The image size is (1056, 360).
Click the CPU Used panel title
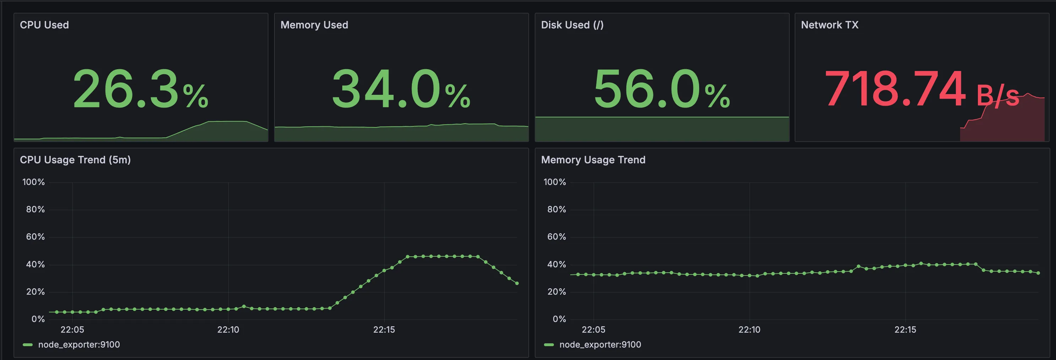point(44,25)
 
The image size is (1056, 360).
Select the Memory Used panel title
point(314,25)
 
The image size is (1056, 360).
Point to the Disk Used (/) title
point(572,25)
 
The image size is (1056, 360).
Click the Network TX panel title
point(829,25)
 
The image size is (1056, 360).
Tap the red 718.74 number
point(895,89)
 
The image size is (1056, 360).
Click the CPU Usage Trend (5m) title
point(75,160)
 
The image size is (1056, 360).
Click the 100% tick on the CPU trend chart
point(33,182)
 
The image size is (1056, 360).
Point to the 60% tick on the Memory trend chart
point(556,237)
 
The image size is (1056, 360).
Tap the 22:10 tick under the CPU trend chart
point(228,330)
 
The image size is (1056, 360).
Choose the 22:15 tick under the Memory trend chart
point(905,330)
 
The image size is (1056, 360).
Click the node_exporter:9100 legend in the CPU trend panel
point(79,345)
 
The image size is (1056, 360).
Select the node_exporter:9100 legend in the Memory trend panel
point(600,345)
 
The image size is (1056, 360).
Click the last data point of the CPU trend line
point(517,283)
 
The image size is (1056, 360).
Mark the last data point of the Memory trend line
point(1038,273)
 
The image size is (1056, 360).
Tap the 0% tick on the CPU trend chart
point(38,319)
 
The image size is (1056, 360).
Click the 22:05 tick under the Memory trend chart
point(593,330)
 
